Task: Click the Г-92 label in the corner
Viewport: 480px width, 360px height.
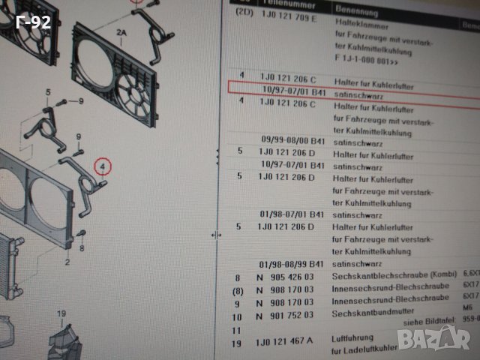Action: tap(33, 22)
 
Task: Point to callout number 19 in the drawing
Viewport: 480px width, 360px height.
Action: tap(61, 313)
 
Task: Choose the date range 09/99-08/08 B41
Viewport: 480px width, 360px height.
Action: tap(292, 139)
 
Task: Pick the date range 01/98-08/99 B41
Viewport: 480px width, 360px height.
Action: tap(292, 264)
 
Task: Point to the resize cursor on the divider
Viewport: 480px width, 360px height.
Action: tap(216, 235)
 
